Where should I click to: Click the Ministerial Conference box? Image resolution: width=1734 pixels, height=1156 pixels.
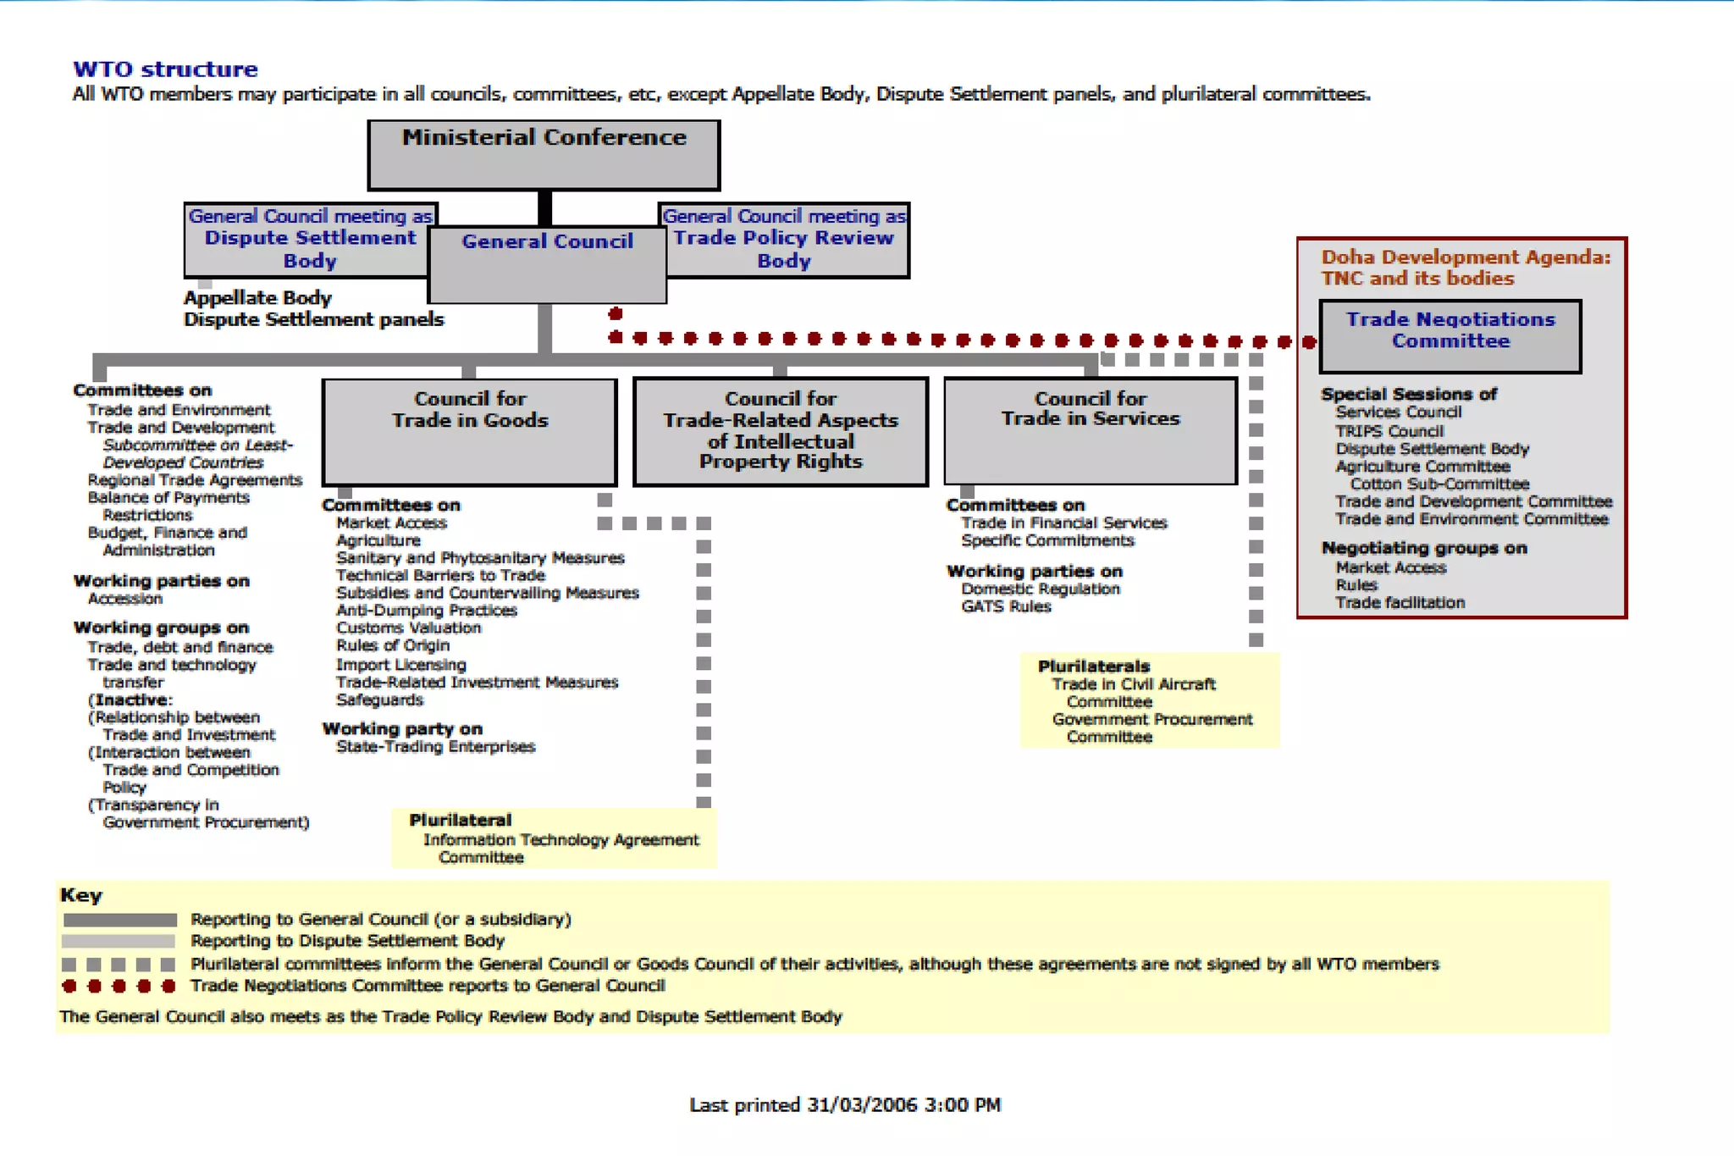click(x=544, y=155)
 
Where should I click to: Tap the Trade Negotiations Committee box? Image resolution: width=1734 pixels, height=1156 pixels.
click(x=1450, y=335)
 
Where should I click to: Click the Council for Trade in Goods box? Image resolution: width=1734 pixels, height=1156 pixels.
click(x=470, y=432)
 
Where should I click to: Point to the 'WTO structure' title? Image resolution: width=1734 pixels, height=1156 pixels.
click(x=165, y=69)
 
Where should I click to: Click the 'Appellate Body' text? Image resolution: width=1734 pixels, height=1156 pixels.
click(x=257, y=298)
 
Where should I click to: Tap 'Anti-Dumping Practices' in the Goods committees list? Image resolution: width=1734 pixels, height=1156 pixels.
click(x=426, y=611)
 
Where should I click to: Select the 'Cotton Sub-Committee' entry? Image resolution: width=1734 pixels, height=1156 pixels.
click(x=1439, y=484)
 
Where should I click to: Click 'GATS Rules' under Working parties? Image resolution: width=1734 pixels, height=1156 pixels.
click(x=1006, y=606)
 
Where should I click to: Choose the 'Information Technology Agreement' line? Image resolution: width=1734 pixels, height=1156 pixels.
click(x=561, y=840)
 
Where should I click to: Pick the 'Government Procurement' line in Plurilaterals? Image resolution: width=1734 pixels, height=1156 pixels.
click(x=1151, y=720)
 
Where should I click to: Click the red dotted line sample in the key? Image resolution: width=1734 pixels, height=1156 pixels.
click(x=119, y=987)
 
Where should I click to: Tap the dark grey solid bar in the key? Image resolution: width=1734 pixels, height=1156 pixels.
click(x=119, y=920)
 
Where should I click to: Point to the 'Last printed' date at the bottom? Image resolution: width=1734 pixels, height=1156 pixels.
click(x=845, y=1105)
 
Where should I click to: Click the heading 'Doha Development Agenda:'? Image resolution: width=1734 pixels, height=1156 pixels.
click(x=1466, y=257)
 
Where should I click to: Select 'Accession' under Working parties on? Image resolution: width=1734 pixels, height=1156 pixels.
click(x=124, y=599)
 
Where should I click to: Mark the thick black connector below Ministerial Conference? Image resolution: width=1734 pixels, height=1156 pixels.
click(x=545, y=208)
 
